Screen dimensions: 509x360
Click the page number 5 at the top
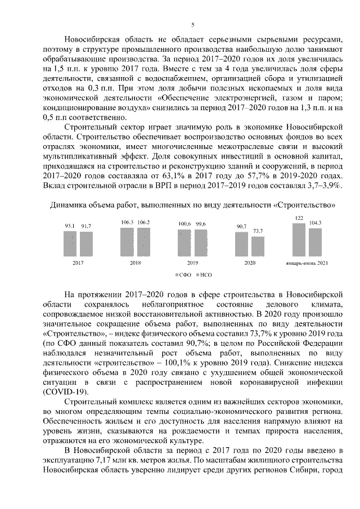coord(192,25)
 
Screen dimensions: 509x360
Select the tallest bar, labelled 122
coord(299,239)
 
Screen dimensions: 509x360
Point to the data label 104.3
coord(315,223)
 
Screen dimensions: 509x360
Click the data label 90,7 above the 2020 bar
coord(242,226)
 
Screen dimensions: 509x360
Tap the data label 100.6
coord(184,224)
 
